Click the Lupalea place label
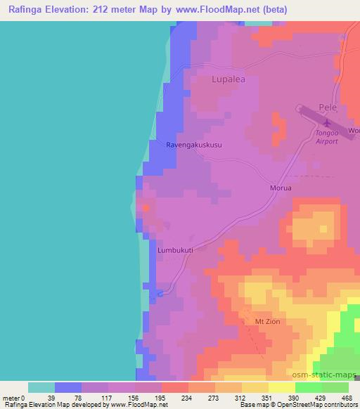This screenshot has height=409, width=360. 229,80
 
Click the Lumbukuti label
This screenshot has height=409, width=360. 175,249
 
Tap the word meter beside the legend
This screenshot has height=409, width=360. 11,398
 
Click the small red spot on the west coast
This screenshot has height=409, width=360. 145,207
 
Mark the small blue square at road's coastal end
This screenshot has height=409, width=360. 160,293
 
